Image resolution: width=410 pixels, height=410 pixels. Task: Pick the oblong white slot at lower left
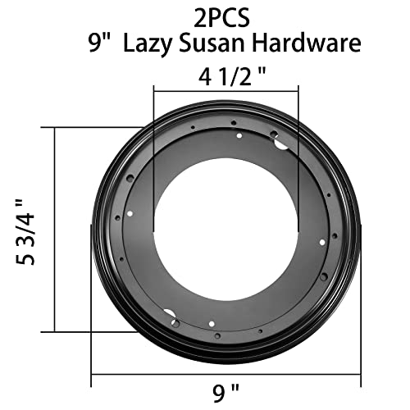171,315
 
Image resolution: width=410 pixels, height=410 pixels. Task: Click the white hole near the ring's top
238,135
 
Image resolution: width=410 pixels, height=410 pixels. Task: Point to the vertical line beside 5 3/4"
55,227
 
